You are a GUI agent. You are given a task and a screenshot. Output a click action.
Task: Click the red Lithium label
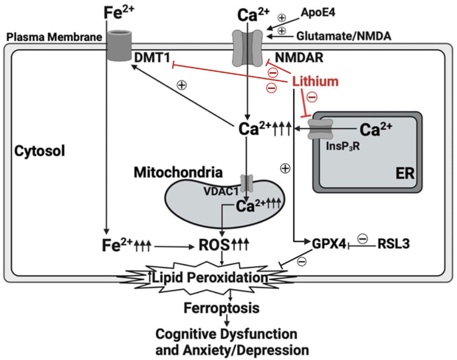pos(316,81)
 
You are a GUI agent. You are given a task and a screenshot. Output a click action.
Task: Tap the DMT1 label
pos(152,58)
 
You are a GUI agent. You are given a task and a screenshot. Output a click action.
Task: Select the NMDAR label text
pos(299,58)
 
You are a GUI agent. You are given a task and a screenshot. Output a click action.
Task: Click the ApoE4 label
pos(318,13)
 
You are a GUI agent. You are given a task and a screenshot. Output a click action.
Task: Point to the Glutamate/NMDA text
pos(343,36)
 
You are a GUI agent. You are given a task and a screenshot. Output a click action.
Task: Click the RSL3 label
pos(393,244)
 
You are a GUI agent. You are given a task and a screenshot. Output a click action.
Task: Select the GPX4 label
pos(329,244)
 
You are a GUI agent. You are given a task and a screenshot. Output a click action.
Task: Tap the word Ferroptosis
pos(221,308)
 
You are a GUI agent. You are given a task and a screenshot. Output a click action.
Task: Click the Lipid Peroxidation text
pos(210,277)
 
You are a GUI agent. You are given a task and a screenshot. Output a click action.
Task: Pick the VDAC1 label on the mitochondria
pos(221,191)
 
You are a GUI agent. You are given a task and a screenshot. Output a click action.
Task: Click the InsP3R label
pos(343,146)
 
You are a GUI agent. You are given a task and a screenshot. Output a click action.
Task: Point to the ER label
pos(405,173)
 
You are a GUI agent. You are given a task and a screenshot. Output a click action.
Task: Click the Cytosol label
pos(40,151)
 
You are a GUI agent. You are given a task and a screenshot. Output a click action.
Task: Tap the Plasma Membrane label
pos(54,37)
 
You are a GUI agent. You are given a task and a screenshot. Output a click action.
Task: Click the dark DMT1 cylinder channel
pos(119,45)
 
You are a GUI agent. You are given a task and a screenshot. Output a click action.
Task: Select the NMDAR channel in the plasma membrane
pos(248,48)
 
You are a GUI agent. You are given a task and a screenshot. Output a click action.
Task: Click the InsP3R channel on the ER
pos(321,129)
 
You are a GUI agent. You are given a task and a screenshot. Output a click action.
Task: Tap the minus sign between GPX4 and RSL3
pos(363,239)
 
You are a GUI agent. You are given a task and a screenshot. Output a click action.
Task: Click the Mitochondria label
pos(178,172)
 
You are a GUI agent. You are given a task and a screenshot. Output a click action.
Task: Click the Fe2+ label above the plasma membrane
pos(119,13)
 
